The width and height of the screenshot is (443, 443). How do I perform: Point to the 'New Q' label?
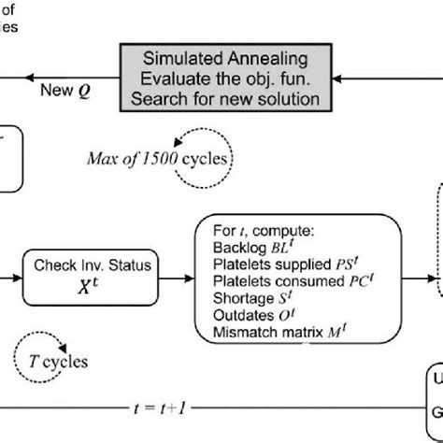pos(66,92)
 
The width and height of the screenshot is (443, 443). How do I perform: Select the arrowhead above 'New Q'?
pos(30,80)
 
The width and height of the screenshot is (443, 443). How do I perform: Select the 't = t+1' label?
pos(159,408)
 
